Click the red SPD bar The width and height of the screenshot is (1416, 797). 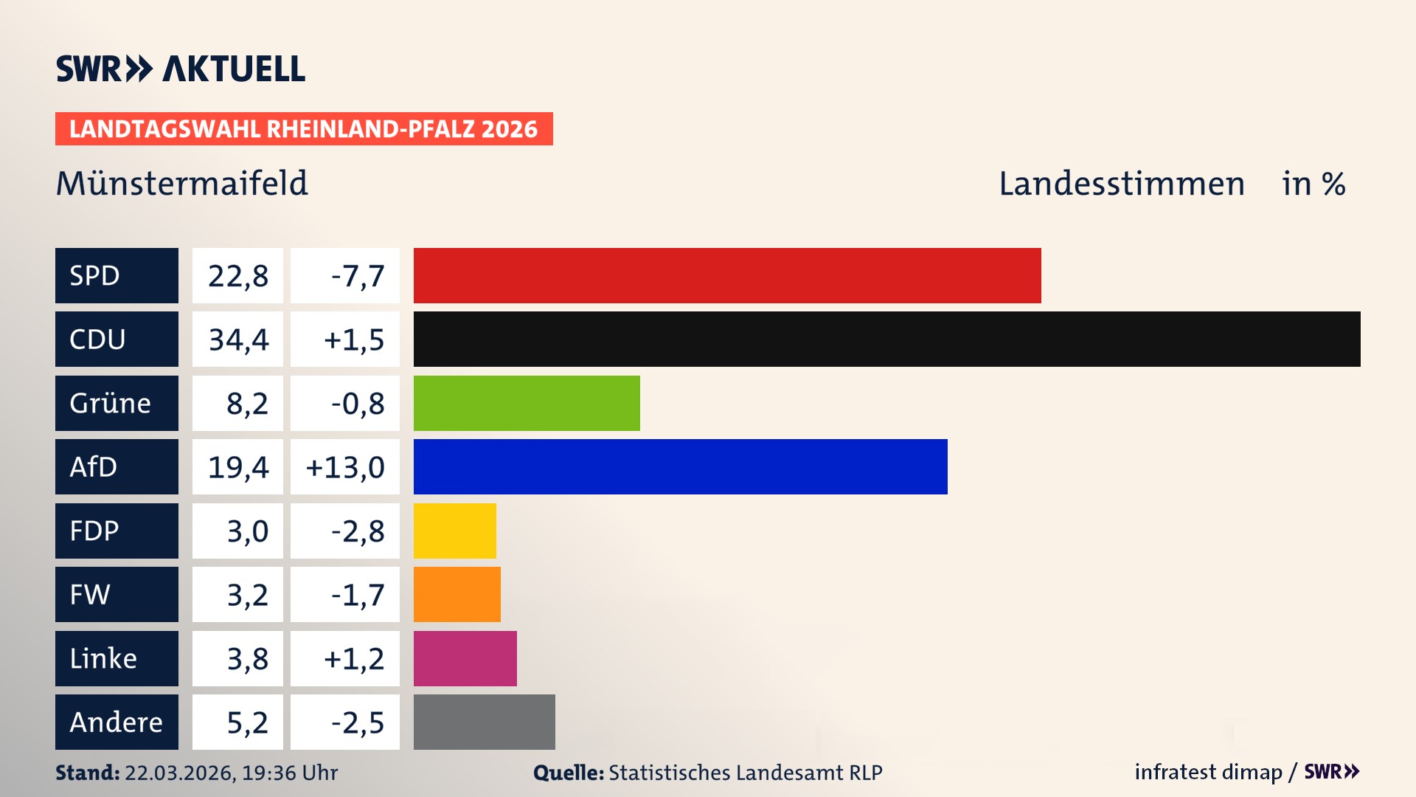[x=726, y=275]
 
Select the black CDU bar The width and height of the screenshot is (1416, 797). [x=886, y=339]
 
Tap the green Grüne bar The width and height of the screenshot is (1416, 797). [x=527, y=403]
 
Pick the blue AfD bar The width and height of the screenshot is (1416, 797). [x=680, y=466]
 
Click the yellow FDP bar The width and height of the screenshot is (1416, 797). [x=454, y=531]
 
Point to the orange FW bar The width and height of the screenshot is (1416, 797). [x=457, y=594]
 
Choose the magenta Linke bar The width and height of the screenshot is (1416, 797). [x=465, y=658]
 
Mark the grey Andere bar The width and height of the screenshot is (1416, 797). [x=484, y=722]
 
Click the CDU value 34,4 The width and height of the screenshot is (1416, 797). [x=238, y=339]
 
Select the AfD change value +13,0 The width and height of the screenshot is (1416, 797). [x=345, y=467]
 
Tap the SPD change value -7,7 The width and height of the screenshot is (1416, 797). [x=357, y=276]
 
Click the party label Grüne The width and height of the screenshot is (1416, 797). [x=111, y=404]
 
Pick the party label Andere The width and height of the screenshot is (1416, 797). [x=116, y=722]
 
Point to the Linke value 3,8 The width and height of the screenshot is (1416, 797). [x=247, y=659]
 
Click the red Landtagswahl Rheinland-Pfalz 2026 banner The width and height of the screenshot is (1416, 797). [x=303, y=129]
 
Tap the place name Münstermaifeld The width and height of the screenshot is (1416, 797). [x=181, y=184]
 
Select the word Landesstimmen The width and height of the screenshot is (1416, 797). [x=1121, y=184]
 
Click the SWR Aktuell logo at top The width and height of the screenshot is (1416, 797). [x=181, y=69]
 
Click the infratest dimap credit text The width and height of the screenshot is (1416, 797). [x=1207, y=772]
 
